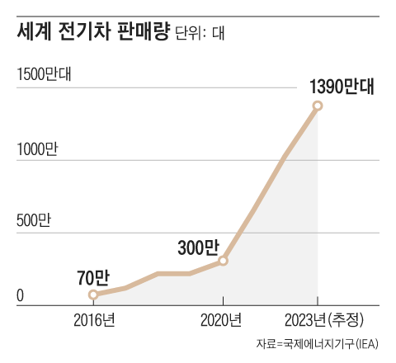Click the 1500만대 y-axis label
click(x=46, y=73)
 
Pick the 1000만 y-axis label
click(x=38, y=150)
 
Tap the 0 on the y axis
click(x=21, y=295)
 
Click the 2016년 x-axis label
click(x=93, y=320)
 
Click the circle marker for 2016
click(x=93, y=294)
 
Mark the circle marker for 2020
click(x=223, y=261)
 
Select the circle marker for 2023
click(x=318, y=106)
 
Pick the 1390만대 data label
click(x=341, y=86)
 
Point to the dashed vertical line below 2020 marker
click(x=223, y=285)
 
